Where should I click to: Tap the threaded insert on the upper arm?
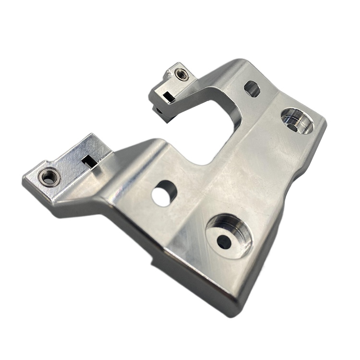click(181, 74)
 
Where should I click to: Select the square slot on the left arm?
click(88, 161)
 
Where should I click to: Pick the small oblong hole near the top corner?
click(252, 89)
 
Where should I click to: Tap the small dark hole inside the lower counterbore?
click(224, 241)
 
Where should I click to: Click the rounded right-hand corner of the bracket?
click(323, 120)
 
